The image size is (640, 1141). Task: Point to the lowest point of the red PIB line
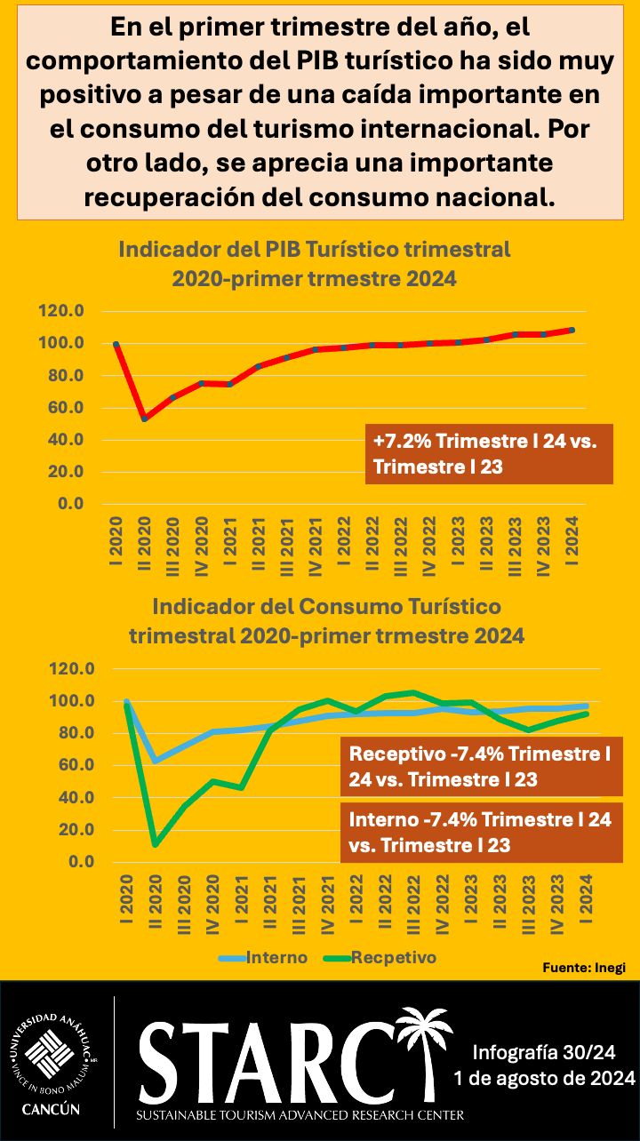tap(145, 418)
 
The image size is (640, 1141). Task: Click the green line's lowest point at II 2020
tap(156, 843)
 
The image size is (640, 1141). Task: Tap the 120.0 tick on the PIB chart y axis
tap(61, 311)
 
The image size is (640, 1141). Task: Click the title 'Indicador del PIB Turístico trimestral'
tap(315, 249)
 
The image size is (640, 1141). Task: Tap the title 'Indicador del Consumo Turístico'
tap(326, 607)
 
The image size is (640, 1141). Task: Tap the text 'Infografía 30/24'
tap(544, 1054)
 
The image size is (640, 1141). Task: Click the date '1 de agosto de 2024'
tap(544, 1080)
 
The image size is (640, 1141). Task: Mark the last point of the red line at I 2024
tap(572, 330)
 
